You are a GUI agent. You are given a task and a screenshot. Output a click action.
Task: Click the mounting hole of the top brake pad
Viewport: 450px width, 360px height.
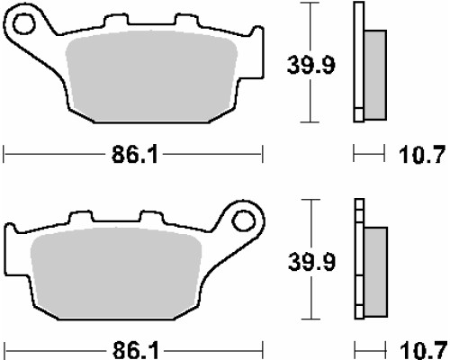tap(24, 23)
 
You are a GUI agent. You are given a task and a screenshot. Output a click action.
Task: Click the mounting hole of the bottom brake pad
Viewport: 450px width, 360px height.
tap(244, 220)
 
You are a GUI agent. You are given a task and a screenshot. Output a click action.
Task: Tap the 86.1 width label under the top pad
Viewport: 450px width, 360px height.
tap(135, 155)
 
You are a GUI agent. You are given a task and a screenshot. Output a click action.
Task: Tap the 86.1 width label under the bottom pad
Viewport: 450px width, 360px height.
tap(136, 350)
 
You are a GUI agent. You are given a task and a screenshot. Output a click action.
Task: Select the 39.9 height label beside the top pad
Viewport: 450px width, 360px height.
tap(310, 65)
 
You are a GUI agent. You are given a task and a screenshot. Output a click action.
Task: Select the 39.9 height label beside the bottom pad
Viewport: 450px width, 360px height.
tap(311, 262)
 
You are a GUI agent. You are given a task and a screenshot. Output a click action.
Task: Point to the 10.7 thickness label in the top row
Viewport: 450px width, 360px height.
tap(421, 155)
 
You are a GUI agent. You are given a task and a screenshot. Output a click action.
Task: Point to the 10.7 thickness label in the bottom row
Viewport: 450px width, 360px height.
tap(423, 350)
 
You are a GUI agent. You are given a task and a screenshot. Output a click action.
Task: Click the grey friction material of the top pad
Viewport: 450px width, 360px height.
tap(151, 76)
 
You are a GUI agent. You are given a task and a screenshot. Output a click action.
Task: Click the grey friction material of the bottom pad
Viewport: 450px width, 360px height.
tap(116, 273)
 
